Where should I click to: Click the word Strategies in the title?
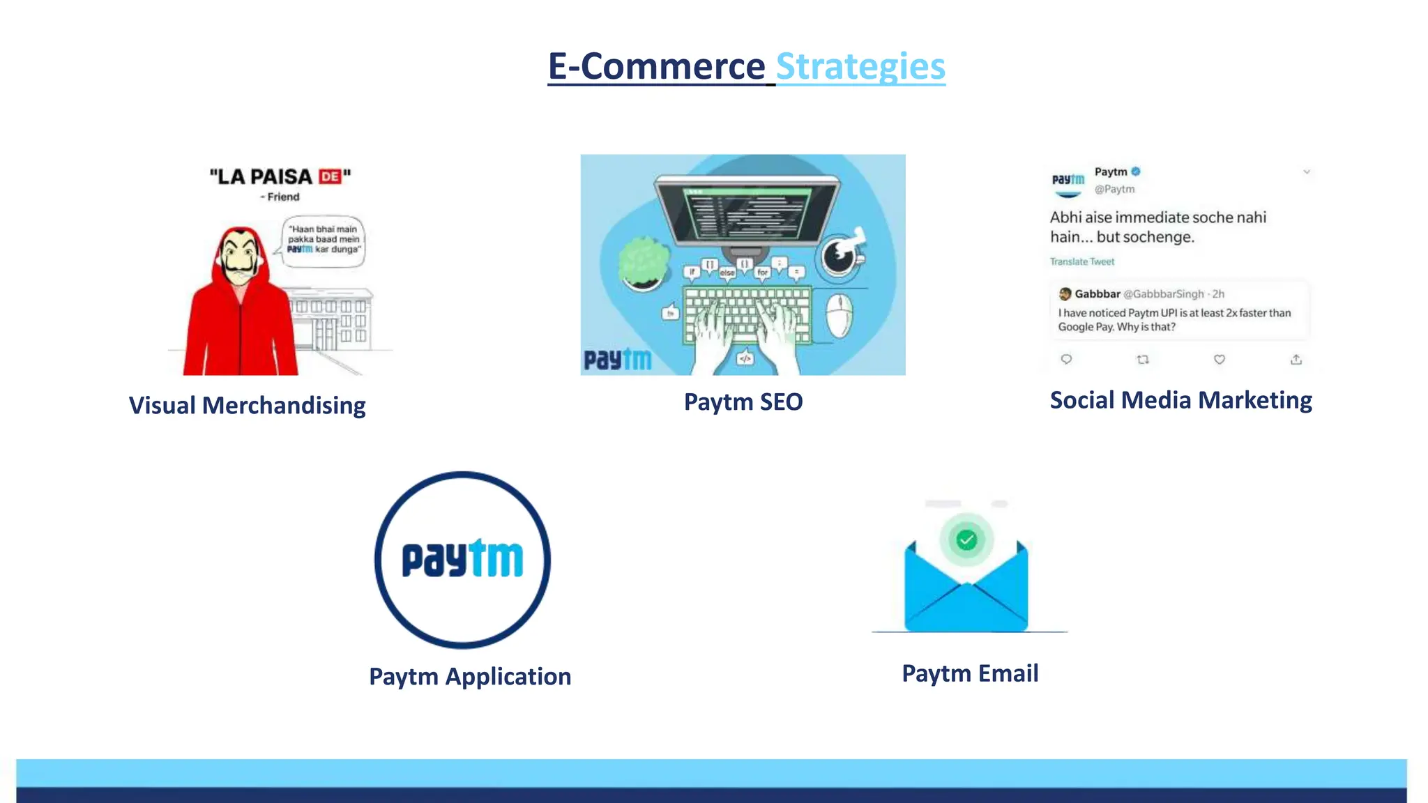pos(860,67)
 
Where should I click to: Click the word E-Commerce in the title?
pos(656,67)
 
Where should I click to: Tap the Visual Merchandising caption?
pos(247,406)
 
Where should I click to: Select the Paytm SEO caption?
pos(743,402)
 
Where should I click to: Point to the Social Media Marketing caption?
pos(1180,400)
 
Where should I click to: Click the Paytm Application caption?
pos(470,676)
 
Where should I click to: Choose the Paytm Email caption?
pos(970,673)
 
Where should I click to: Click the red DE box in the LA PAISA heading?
pos(330,177)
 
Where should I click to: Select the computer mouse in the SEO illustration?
pos(839,314)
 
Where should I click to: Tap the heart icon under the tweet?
pos(1220,360)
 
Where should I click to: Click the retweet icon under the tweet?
pos(1143,360)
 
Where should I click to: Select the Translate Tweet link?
pos(1082,262)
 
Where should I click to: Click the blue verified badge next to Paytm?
pos(1136,171)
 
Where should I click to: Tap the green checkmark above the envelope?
pos(966,540)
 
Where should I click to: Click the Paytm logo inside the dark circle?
pos(462,559)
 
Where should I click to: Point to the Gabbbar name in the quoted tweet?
pos(1097,294)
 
